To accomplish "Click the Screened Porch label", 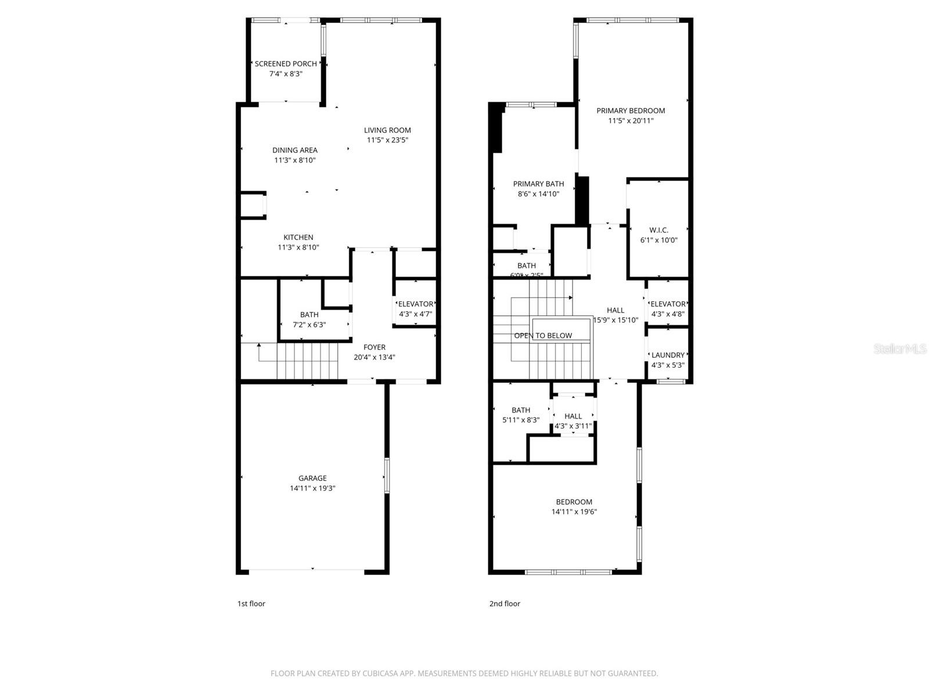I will (286, 64).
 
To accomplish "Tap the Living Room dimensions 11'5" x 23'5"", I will (387, 140).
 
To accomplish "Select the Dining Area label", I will (295, 150).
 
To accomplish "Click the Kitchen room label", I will (298, 237).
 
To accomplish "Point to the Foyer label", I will (375, 347).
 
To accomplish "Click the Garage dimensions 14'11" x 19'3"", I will (312, 488).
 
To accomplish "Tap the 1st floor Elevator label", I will (415, 304).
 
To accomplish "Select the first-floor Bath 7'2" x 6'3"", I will (309, 319).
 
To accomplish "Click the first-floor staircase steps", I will (308, 360).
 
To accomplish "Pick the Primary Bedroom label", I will (631, 110).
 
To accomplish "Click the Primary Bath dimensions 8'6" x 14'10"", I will (538, 194).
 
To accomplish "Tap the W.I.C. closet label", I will (658, 230).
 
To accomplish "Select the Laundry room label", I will (668, 355).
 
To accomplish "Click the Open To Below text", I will (543, 336).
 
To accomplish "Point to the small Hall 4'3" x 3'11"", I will (573, 421).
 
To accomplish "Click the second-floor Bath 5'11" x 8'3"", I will (521, 415).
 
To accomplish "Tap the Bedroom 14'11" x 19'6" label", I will (574, 502).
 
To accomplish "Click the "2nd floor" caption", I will (505, 603).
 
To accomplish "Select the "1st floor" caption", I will (251, 603).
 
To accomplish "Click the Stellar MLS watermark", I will (899, 348).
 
